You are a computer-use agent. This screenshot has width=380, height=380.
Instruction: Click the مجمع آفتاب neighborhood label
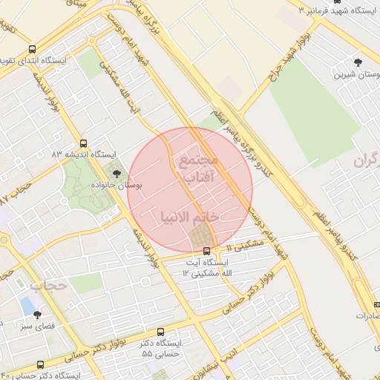[x=197, y=168]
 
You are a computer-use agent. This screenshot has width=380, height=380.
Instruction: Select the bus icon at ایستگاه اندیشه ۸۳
[x=83, y=143]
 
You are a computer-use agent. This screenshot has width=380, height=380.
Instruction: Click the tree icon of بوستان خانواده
[x=117, y=174]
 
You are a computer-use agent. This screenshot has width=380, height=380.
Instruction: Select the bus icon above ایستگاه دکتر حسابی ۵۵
[x=161, y=333]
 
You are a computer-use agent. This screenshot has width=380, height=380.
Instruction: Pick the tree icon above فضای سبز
[x=37, y=315]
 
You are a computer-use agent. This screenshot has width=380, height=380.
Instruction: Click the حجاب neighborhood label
[x=50, y=284]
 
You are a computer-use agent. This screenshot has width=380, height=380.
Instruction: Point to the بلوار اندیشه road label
[x=145, y=245]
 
